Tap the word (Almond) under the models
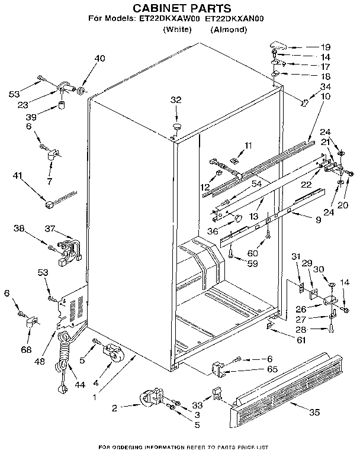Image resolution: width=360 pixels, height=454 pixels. (x=228, y=29)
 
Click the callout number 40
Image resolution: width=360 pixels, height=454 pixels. (x=100, y=58)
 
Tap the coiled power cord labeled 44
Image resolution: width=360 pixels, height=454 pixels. (x=63, y=361)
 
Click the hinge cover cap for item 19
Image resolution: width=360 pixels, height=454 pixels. (x=277, y=46)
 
